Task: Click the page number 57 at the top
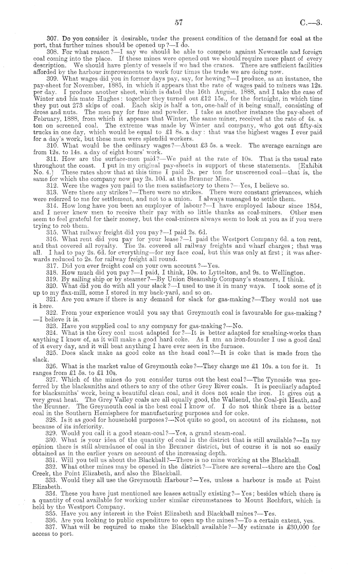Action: [179, 22]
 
